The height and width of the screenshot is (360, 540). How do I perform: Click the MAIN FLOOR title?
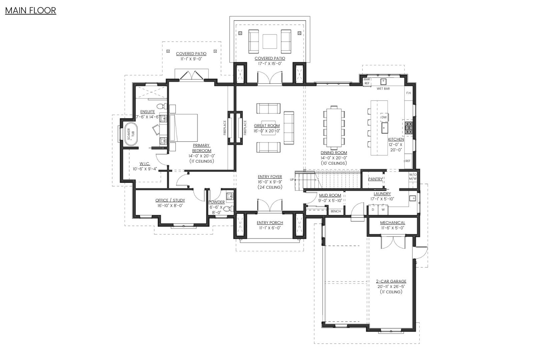(31, 11)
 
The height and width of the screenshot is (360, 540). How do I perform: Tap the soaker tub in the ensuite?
(131, 134)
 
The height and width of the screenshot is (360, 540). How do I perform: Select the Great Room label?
(267, 126)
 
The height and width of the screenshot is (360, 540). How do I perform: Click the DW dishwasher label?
(384, 117)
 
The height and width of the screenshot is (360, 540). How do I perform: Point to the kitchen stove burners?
(409, 128)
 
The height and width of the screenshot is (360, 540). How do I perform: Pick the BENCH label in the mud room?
(336, 211)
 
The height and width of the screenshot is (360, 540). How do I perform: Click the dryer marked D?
(373, 210)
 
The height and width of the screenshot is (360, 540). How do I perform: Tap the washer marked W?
(383, 210)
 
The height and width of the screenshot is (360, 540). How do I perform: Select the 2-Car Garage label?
(391, 281)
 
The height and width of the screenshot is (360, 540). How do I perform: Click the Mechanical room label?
(393, 223)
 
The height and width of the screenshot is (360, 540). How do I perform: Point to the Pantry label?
(375, 179)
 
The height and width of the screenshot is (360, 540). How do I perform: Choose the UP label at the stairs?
(292, 180)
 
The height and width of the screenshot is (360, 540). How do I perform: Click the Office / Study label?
(170, 200)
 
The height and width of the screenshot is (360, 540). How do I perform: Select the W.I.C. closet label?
(145, 164)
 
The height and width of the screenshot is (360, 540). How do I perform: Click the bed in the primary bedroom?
(183, 128)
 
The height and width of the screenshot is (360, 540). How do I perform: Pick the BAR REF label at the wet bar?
(367, 81)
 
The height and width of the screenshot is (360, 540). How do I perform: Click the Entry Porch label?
(270, 223)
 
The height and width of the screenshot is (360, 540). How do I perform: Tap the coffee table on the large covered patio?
(270, 41)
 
